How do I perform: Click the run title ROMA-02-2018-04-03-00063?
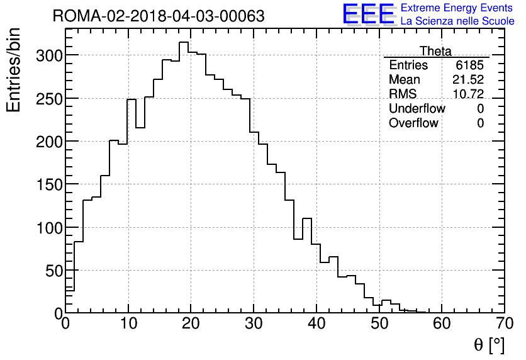pyautogui.click(x=159, y=16)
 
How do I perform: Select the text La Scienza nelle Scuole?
pyautogui.click(x=457, y=21)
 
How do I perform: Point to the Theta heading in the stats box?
pyautogui.click(x=435, y=51)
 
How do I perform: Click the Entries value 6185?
pyautogui.click(x=470, y=65)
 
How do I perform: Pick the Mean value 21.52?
pyautogui.click(x=468, y=80)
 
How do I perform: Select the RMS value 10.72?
pyautogui.click(x=468, y=94)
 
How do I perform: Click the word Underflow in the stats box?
pyautogui.click(x=417, y=109)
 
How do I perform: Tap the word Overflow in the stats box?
pyautogui.click(x=413, y=123)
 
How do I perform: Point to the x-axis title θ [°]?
pyautogui.click(x=489, y=345)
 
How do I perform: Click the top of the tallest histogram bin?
pyautogui.click(x=184, y=42)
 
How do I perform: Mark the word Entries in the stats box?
pyautogui.click(x=408, y=65)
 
